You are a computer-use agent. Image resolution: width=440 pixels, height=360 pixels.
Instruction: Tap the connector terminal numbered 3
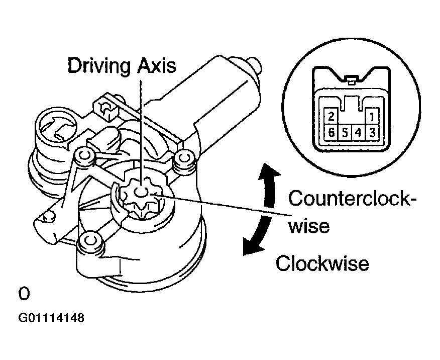(372, 133)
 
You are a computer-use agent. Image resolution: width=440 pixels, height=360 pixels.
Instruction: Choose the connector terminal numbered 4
(359, 133)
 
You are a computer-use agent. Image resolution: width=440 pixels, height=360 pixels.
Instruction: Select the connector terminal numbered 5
(345, 133)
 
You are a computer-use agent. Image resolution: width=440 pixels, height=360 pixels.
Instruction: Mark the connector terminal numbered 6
(331, 133)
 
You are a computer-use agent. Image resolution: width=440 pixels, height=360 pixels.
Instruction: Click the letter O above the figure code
(24, 293)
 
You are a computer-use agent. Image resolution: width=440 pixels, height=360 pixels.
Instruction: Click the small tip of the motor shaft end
(256, 64)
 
